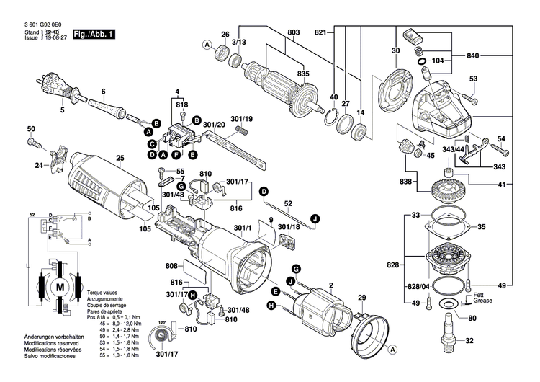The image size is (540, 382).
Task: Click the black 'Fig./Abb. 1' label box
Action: [93, 34]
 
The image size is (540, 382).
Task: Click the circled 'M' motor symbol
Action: [58, 287]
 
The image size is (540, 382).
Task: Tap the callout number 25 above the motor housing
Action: [120, 158]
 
